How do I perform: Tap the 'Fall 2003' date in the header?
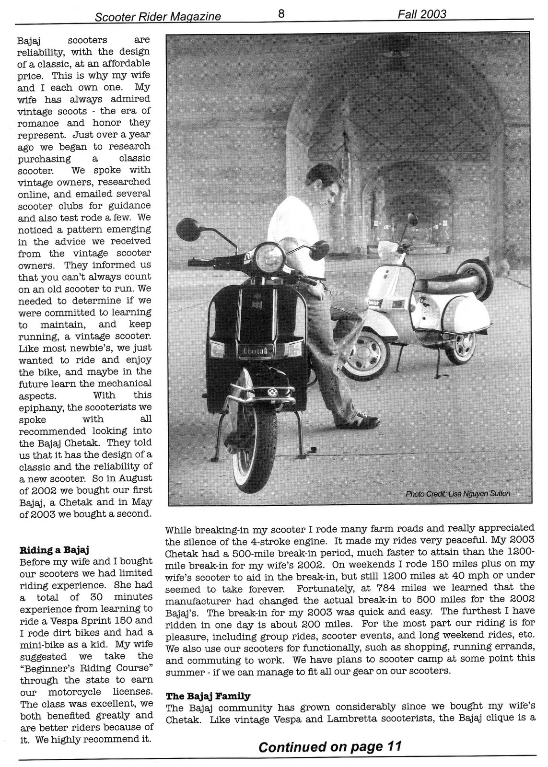pyautogui.click(x=421, y=14)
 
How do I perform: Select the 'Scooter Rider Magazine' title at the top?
pyautogui.click(x=158, y=17)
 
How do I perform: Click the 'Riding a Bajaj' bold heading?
pyautogui.click(x=54, y=549)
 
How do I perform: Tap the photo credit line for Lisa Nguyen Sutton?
pyautogui.click(x=458, y=493)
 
